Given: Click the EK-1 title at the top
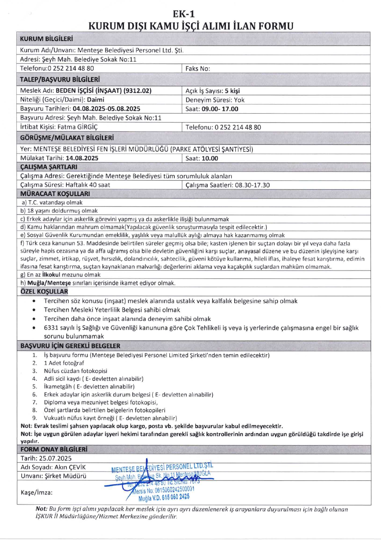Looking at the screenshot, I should (x=184, y=14).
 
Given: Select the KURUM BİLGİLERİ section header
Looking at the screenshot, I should (x=46, y=39).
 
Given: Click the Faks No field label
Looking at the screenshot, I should (x=198, y=69).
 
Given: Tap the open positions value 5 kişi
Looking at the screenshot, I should (x=232, y=91).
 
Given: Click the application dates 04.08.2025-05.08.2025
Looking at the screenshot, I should (x=106, y=109).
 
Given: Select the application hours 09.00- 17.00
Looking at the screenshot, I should (x=220, y=109).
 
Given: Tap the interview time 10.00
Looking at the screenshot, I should (x=210, y=158).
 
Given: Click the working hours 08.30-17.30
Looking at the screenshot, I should (x=252, y=185).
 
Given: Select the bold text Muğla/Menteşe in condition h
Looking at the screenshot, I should (x=49, y=283).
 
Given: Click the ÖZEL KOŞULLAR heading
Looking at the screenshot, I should (x=44, y=291).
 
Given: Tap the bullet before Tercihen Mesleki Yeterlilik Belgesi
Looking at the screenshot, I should (x=34, y=310).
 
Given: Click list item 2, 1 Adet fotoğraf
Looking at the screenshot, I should (x=64, y=363).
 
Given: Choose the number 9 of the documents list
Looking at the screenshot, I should (x=35, y=418).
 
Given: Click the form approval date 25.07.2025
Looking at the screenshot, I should (x=55, y=458).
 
